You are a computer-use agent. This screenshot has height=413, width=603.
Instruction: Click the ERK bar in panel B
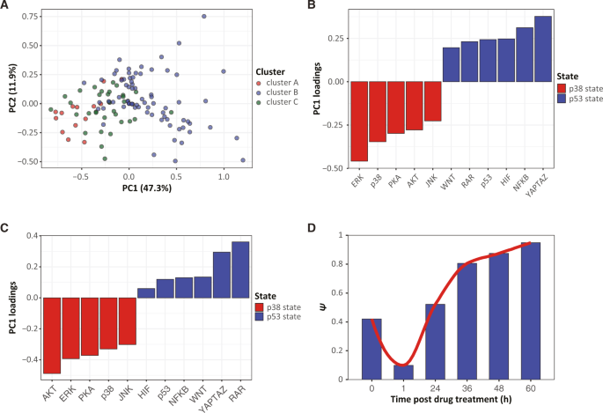click(359, 122)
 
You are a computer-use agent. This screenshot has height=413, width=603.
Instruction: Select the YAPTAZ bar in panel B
click(543, 48)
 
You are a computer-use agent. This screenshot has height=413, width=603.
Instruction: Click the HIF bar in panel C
click(147, 293)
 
